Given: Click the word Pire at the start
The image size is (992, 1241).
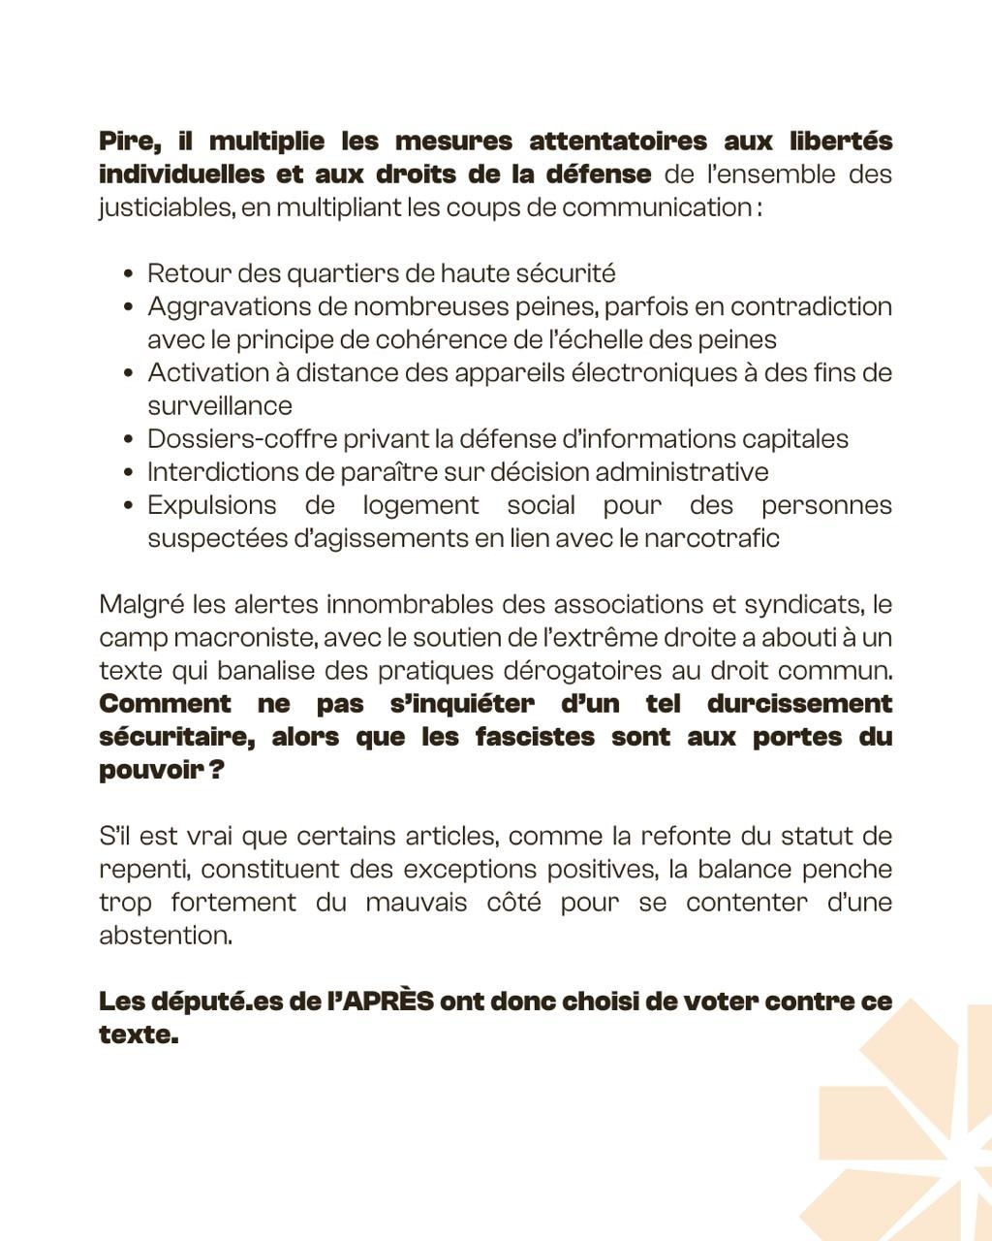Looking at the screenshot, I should (x=128, y=142).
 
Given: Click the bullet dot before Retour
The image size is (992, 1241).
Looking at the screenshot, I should (x=129, y=274).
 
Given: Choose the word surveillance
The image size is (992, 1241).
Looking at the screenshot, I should (x=219, y=406).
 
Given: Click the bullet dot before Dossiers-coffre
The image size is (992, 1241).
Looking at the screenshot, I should (x=129, y=440).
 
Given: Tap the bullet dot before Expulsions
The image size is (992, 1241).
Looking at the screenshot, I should (x=129, y=506).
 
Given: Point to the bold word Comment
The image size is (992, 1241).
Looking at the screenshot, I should (x=165, y=704).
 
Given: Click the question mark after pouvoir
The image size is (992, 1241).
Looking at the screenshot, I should (x=217, y=770).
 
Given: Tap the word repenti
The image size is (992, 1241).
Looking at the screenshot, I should (x=141, y=869).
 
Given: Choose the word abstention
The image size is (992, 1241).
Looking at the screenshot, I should (x=165, y=936).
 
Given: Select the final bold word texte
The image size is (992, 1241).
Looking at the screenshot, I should (x=138, y=1034).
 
